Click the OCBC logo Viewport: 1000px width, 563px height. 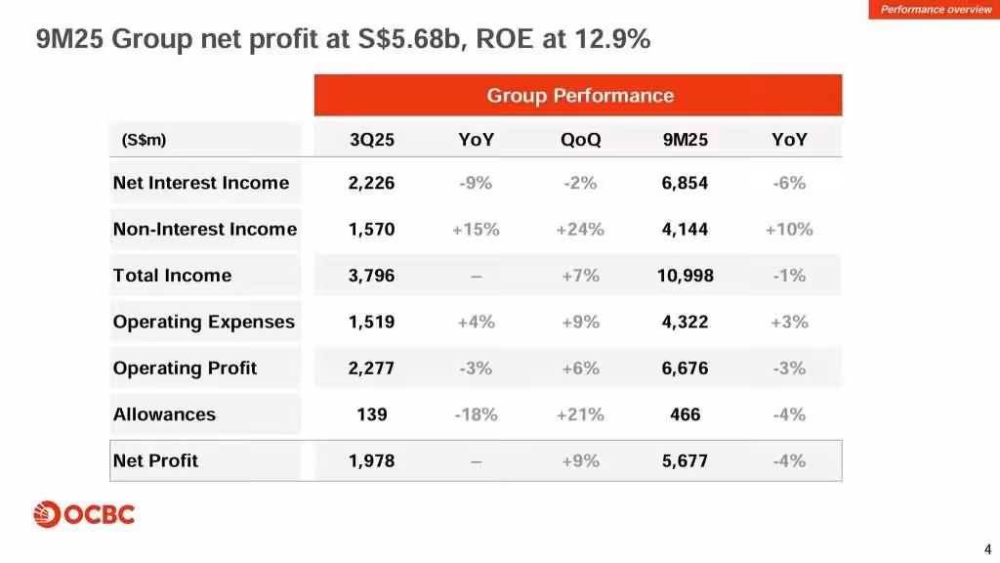84,514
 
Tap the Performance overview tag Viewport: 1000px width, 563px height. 936,10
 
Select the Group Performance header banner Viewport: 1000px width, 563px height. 579,96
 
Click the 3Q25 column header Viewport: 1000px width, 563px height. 372,140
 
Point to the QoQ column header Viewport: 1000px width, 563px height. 580,140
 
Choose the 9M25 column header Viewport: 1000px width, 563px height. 685,140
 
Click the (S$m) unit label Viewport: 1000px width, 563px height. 144,140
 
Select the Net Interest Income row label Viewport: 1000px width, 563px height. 201,183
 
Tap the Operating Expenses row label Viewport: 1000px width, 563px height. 203,322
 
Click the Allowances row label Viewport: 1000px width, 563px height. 164,414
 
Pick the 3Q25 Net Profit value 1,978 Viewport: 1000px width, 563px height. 372,460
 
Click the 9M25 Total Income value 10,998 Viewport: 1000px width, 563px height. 685,276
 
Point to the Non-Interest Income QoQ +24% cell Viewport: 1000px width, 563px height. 580,230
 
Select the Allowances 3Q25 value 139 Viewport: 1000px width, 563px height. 372,414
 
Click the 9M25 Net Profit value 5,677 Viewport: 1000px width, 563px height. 685,460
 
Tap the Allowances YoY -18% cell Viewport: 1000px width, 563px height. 476,414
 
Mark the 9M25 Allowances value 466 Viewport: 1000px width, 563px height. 685,414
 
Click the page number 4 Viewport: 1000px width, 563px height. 987,547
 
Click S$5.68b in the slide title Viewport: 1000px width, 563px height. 411,40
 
